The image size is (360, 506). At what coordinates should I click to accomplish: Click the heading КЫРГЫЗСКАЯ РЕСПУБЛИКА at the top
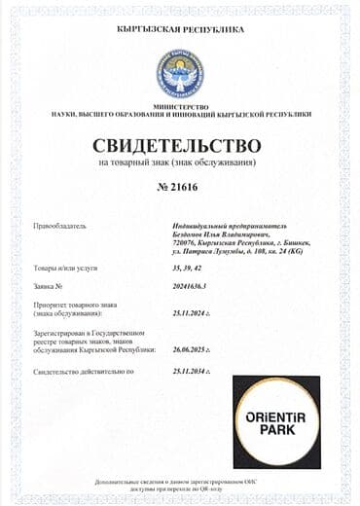(x=180, y=30)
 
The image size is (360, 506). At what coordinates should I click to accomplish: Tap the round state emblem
(x=180, y=71)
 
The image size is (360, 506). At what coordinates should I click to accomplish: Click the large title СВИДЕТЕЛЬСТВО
(x=180, y=145)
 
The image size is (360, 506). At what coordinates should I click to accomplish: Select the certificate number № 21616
(x=180, y=186)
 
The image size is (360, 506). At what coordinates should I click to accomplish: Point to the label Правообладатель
(x=61, y=226)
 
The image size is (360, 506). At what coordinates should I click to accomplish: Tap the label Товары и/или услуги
(x=66, y=268)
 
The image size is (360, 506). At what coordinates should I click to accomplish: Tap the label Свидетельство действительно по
(x=84, y=372)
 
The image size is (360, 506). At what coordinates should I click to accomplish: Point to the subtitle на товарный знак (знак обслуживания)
(x=180, y=162)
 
